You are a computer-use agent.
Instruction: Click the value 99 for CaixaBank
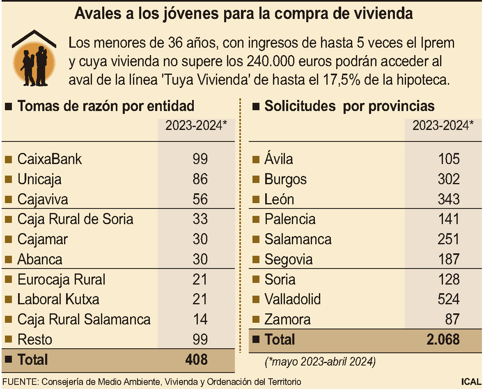click(200, 159)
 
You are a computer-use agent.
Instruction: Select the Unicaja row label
click(39, 179)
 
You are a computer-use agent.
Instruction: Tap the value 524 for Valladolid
click(448, 299)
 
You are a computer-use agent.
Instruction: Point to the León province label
click(279, 199)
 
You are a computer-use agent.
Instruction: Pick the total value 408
click(196, 360)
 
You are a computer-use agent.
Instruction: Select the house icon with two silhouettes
click(34, 58)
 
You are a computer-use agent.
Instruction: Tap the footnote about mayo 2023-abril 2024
click(320, 362)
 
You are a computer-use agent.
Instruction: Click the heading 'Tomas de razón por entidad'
click(106, 106)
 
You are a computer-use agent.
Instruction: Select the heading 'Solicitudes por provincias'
click(349, 106)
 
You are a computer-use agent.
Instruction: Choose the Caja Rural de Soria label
click(75, 219)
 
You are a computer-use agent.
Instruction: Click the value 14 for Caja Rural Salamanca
click(200, 320)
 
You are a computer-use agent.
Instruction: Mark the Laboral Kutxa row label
click(58, 299)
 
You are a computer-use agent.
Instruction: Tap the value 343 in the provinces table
click(448, 199)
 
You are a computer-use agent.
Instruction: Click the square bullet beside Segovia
click(255, 259)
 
